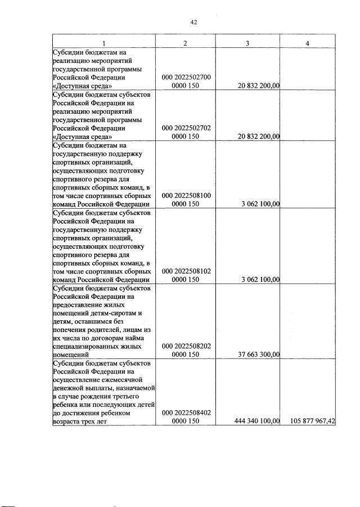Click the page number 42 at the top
pos(193,23)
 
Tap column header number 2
pos(186,43)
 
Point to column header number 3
pos(247,43)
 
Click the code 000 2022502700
pos(186,77)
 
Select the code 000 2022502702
pos(186,128)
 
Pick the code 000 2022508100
pos(186,195)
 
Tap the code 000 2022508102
pos(186,271)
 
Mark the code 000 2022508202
pos(186,347)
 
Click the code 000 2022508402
pos(186,413)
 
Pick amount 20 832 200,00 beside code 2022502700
pos(259,86)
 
